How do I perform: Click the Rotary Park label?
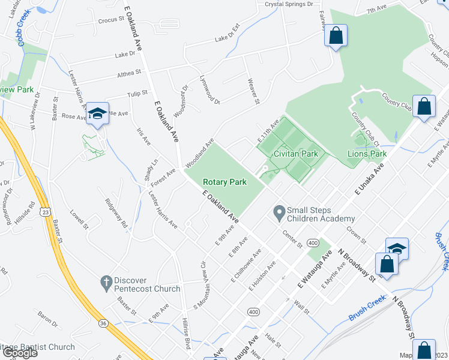click(x=225, y=182)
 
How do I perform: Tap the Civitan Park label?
click(x=295, y=154)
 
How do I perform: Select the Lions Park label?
click(x=367, y=154)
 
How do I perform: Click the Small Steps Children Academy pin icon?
click(x=279, y=212)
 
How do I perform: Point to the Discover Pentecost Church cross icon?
click(x=106, y=281)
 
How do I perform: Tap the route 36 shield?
click(x=104, y=323)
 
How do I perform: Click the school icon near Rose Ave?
click(x=97, y=113)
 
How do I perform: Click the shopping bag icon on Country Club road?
click(x=424, y=106)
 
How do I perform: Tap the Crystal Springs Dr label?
click(x=289, y=4)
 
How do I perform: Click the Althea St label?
click(x=129, y=72)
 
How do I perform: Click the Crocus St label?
click(x=111, y=19)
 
